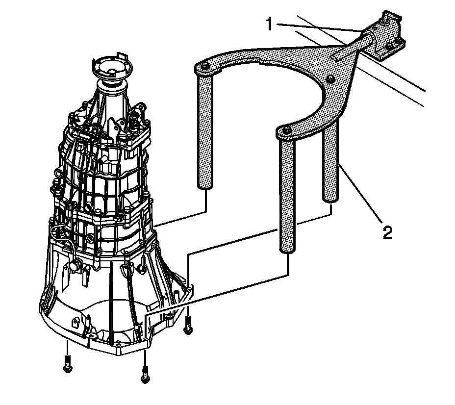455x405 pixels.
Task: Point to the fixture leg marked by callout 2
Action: (x=330, y=162)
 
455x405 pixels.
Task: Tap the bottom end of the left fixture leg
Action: (x=205, y=185)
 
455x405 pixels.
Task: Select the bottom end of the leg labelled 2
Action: (x=329, y=197)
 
